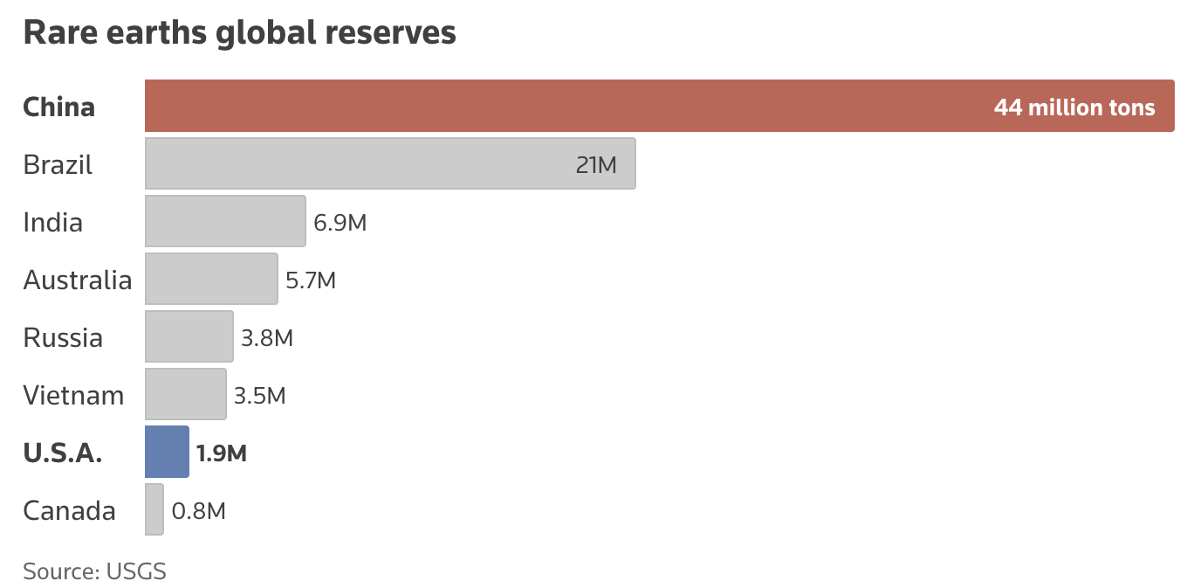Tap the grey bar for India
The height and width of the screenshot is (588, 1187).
point(225,221)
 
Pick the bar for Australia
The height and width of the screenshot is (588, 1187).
point(211,279)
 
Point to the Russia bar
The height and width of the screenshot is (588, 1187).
point(189,336)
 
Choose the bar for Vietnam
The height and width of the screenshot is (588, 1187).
point(185,394)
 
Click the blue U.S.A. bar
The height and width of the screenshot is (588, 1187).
point(167,452)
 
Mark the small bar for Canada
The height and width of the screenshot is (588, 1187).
point(154,509)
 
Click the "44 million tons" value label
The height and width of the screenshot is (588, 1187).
point(1074,107)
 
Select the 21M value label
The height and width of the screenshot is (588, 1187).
point(596,164)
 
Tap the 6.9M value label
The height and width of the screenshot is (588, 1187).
point(340,223)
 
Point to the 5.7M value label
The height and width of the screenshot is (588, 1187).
point(311,280)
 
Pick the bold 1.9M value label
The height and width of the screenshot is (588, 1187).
point(222,453)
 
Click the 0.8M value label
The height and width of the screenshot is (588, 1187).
point(199,511)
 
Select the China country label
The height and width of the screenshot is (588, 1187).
point(58,107)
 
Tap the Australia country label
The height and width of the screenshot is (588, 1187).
point(78,280)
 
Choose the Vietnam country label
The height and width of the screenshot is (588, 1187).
point(73,395)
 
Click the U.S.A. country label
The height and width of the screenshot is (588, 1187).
point(63,453)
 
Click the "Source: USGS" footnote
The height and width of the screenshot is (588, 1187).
point(94,571)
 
